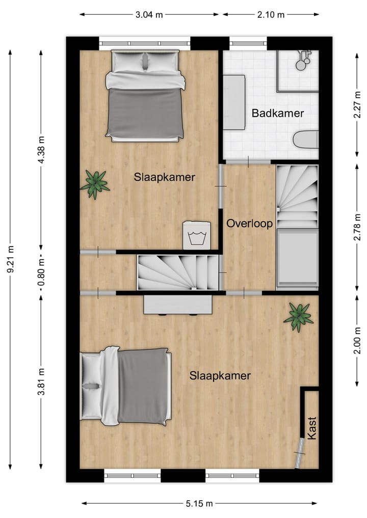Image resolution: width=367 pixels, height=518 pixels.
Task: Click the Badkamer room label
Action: (x=277, y=113)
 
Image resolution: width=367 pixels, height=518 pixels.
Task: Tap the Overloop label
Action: (x=249, y=224)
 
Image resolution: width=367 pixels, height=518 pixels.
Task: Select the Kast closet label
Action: (x=311, y=428)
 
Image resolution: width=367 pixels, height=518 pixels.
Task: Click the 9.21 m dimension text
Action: (x=11, y=260)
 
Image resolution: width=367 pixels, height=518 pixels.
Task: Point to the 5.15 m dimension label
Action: (x=198, y=503)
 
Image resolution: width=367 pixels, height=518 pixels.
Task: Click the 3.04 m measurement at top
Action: (x=149, y=14)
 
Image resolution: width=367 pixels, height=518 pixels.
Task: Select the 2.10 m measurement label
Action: (x=271, y=14)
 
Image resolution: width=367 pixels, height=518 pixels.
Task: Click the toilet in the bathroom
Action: (x=306, y=139)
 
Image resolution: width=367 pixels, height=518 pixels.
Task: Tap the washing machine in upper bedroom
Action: (x=196, y=235)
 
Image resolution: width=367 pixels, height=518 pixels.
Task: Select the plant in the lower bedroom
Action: (x=299, y=317)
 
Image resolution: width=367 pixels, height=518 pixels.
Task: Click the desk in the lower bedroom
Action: (x=177, y=305)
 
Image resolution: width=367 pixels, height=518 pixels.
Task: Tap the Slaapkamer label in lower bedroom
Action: (x=220, y=376)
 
